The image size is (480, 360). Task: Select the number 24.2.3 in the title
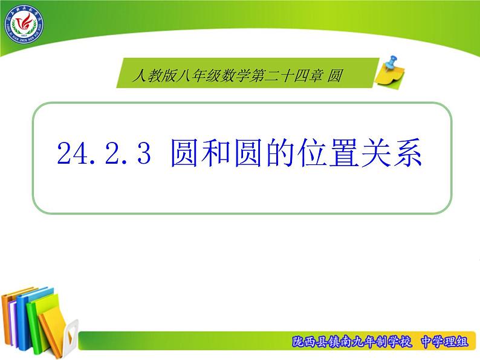pos(103,155)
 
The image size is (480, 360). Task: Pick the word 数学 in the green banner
pos(236,76)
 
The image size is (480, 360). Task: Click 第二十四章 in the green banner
pos(287,76)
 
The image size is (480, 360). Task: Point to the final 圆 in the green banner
pos(337,76)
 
